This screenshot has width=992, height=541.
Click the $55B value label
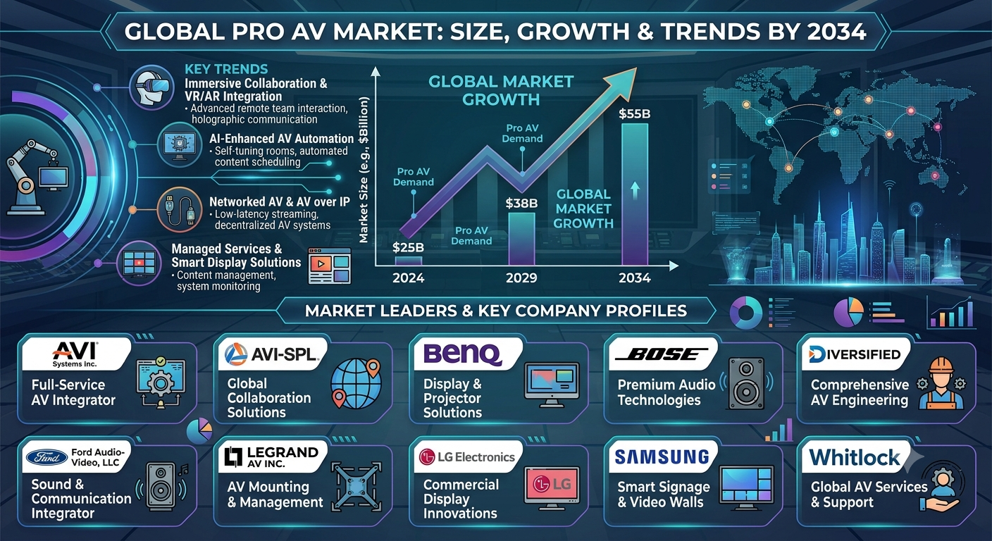(x=634, y=114)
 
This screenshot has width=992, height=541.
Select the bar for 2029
(x=521, y=239)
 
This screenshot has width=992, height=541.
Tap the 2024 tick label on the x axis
(x=409, y=278)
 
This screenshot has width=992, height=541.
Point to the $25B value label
(x=409, y=247)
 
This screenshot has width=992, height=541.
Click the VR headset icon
(x=152, y=87)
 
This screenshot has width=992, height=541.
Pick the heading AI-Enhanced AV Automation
(x=282, y=139)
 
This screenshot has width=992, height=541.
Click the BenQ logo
(x=462, y=354)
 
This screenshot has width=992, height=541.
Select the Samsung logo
(x=662, y=457)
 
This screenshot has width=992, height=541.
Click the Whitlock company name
(x=855, y=457)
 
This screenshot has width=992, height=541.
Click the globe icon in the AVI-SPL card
(x=356, y=383)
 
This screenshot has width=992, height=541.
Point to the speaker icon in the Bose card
(x=746, y=383)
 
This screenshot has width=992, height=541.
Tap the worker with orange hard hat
(x=941, y=383)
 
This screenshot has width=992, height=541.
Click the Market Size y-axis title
(x=364, y=170)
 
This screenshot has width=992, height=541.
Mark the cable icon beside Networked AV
(x=180, y=209)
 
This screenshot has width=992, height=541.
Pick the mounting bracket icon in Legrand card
(x=356, y=486)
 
